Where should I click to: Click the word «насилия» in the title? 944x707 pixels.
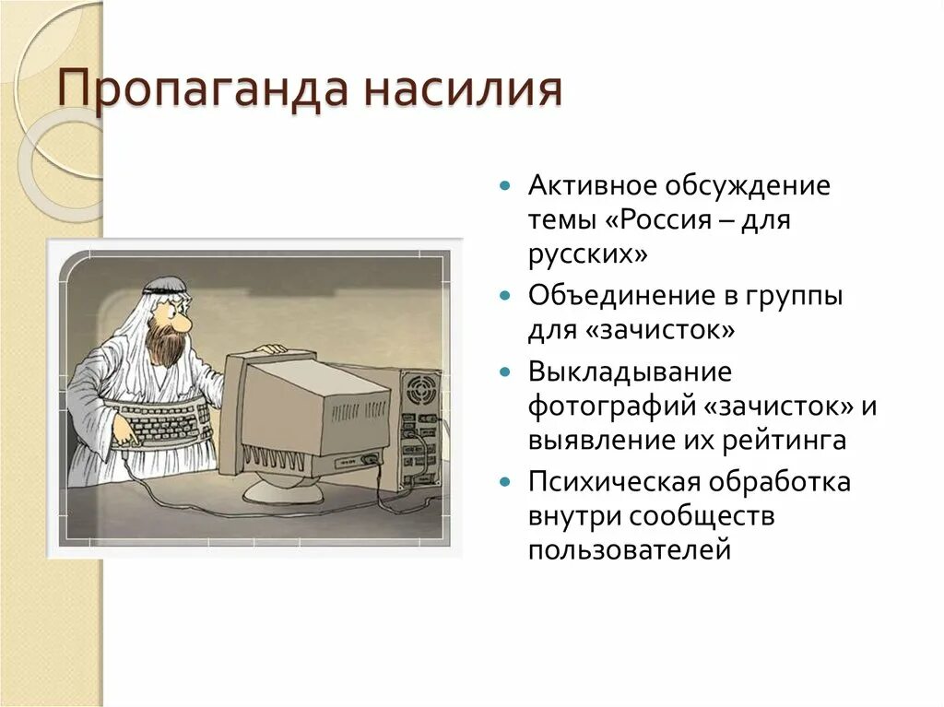point(463,92)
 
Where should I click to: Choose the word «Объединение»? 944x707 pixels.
point(617,296)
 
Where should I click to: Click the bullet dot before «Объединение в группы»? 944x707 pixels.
point(504,297)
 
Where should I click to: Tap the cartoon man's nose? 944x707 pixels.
point(183,324)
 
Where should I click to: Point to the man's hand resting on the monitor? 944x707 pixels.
point(269,349)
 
